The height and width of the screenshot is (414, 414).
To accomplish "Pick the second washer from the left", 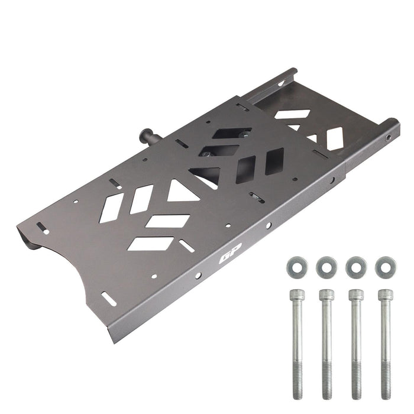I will point(326,267).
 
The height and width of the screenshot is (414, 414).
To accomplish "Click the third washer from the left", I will point(356,267).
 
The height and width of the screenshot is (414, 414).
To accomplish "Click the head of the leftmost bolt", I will point(296,295).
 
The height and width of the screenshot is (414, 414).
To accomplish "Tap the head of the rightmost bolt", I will point(386,295).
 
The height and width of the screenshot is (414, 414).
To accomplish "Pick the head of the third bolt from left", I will point(356,295).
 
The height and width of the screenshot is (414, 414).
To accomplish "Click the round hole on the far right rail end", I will point(389,138).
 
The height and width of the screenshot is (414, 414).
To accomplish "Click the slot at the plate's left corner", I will point(43,228).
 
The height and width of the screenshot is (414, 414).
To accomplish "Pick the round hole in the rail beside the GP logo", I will point(198,276).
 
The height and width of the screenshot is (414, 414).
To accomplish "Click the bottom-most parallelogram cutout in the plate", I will point(150,243).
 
